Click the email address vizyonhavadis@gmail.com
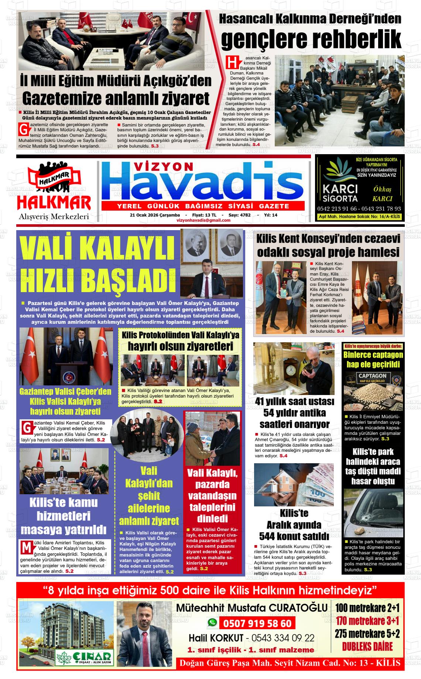click(203, 220)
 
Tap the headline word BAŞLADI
click(128, 281)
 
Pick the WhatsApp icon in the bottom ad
click(212, 623)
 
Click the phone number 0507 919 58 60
click(257, 623)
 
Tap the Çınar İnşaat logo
click(84, 657)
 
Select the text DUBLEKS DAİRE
click(367, 647)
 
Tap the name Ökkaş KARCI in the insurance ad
click(382, 194)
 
